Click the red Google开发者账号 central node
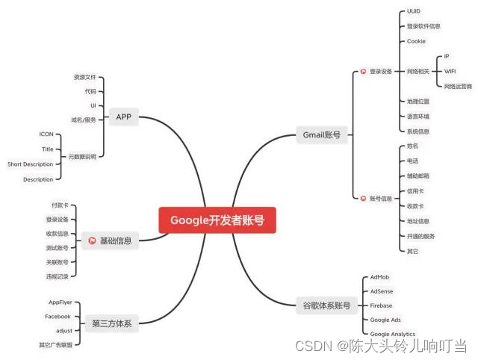(x=212, y=220)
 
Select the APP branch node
(x=123, y=117)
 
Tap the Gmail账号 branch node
(x=322, y=135)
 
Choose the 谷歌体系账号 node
(x=326, y=305)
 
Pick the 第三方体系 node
(x=110, y=323)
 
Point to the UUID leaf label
(x=414, y=12)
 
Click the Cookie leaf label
(x=416, y=41)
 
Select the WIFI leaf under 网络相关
(x=450, y=71)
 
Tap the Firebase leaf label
(x=381, y=305)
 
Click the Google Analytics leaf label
(x=393, y=334)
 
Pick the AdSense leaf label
(x=382, y=291)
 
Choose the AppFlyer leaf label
(x=60, y=302)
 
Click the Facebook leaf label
(x=58, y=316)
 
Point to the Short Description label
(x=31, y=164)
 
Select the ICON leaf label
(x=46, y=134)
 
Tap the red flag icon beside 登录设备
(x=363, y=72)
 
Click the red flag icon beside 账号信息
(x=363, y=198)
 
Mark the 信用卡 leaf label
(x=415, y=191)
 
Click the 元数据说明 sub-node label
(x=82, y=156)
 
